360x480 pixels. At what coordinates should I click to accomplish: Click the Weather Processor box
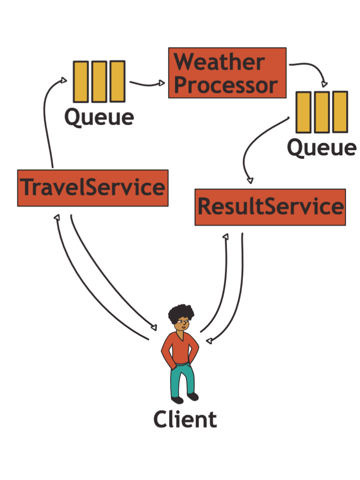227,73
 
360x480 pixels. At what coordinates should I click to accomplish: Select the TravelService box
93,188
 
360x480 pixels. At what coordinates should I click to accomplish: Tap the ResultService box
270,207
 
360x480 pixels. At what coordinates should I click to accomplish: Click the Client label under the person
185,419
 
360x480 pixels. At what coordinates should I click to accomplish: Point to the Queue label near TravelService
99,116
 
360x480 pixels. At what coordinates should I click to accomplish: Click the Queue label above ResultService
321,148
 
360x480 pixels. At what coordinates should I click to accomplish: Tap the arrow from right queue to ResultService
254,150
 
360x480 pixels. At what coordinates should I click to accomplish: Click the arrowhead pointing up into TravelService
57,217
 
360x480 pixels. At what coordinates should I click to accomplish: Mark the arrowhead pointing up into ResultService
226,236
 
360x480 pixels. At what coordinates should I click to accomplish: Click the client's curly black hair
181,312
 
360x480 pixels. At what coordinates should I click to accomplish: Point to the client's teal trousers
182,378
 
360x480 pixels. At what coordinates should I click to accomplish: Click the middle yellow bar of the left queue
99,81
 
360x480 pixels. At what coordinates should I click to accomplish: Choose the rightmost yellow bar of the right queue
340,112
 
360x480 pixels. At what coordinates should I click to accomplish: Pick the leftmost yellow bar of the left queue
81,81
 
